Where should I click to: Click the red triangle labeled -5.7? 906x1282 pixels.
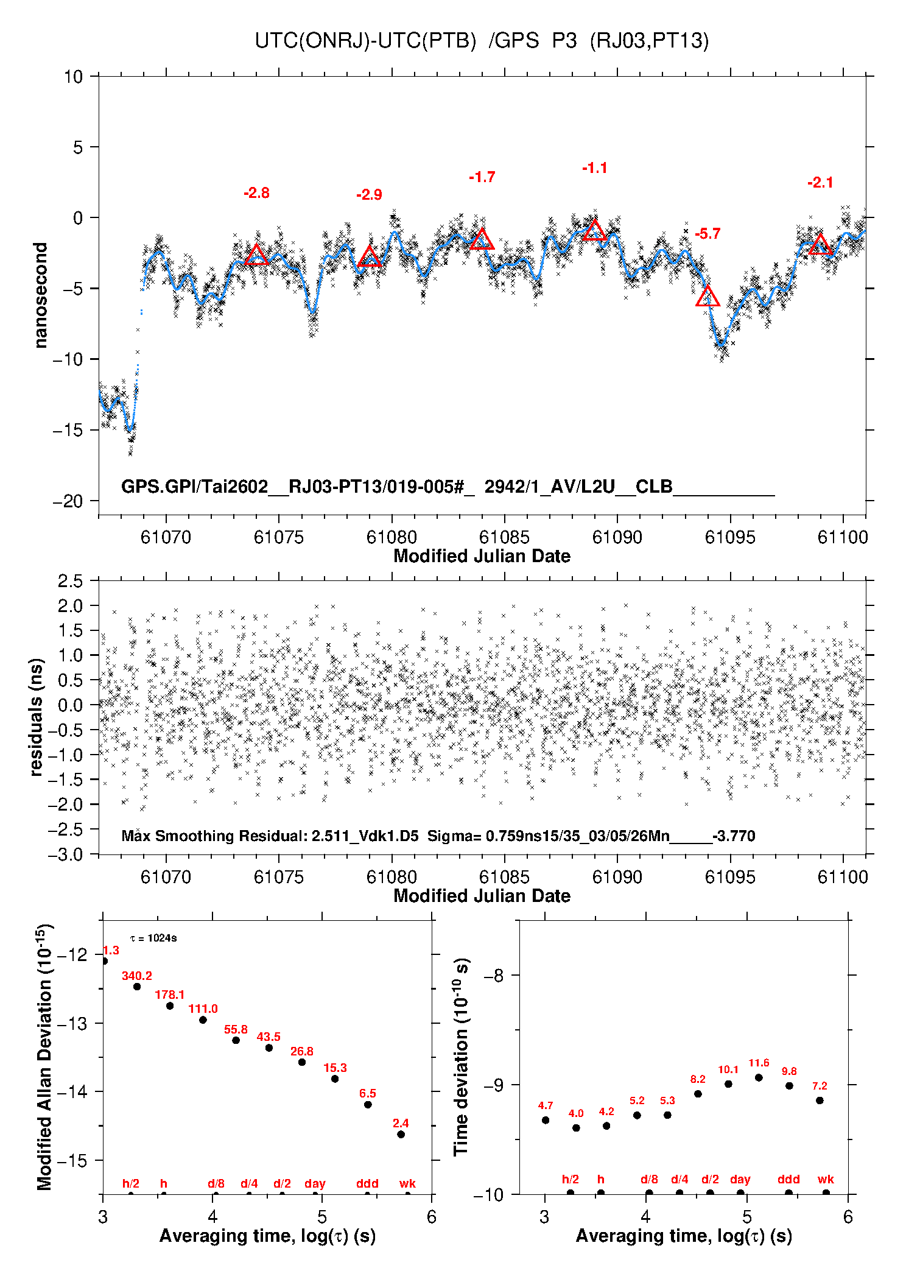pyautogui.click(x=708, y=297)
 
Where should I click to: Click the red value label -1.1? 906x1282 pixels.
pyautogui.click(x=594, y=168)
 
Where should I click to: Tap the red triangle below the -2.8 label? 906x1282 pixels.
pyautogui.click(x=256, y=255)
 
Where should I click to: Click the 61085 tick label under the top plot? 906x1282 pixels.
pyautogui.click(x=504, y=537)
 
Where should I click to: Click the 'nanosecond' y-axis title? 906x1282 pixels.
pyautogui.click(x=41, y=295)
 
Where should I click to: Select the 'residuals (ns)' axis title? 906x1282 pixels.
pyautogui.click(x=37, y=717)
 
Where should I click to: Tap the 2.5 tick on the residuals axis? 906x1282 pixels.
pyautogui.click(x=71, y=581)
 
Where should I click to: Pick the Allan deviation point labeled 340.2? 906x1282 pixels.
pyautogui.click(x=137, y=987)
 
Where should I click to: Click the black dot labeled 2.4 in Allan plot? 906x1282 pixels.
pyautogui.click(x=401, y=1135)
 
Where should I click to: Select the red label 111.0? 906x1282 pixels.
pyautogui.click(x=203, y=1009)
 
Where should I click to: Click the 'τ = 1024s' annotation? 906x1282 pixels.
pyautogui.click(x=153, y=939)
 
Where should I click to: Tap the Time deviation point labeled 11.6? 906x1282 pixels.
pyautogui.click(x=759, y=1077)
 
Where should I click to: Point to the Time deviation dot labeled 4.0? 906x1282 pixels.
pyautogui.click(x=576, y=1128)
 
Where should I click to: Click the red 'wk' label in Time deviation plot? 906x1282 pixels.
pyautogui.click(x=826, y=1180)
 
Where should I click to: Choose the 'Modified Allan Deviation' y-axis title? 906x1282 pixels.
pyautogui.click(x=44, y=1057)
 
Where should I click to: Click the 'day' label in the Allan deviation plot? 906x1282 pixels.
pyautogui.click(x=315, y=1184)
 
